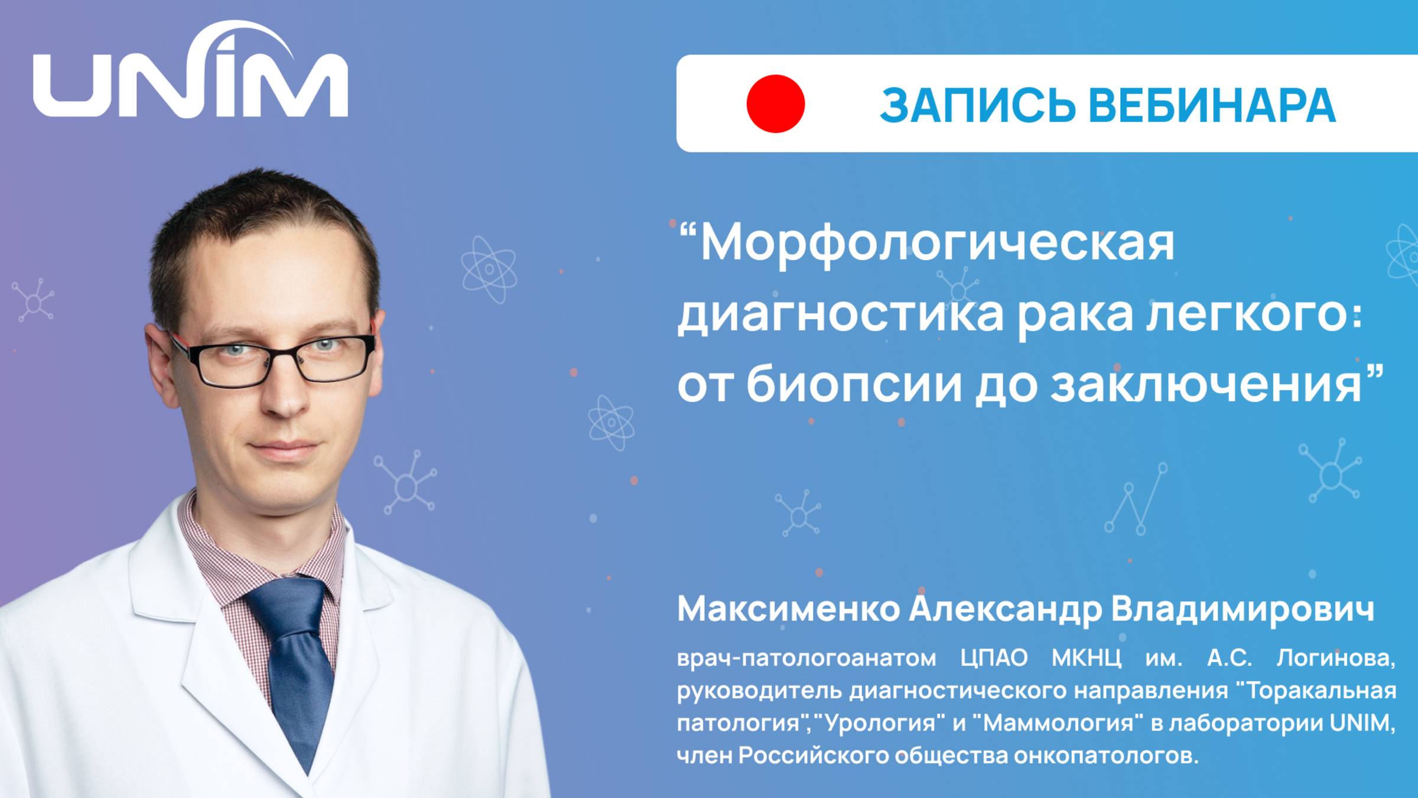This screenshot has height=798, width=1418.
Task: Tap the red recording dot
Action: coord(775,103)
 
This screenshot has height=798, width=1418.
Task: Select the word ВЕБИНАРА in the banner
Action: coord(1211,105)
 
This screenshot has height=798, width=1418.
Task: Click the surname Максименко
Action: coord(788,609)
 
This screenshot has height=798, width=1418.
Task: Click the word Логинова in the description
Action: coord(1335,658)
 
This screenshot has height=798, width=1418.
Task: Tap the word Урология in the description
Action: coord(880,724)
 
